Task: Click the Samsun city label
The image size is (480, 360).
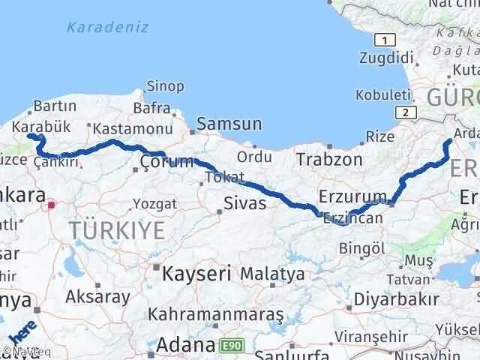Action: pyautogui.click(x=229, y=124)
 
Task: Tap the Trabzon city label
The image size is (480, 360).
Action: pyautogui.click(x=329, y=159)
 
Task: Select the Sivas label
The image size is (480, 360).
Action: pyautogui.click(x=245, y=202)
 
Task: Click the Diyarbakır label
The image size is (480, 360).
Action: pyautogui.click(x=397, y=300)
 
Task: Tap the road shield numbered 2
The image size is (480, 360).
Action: pyautogui.click(x=406, y=112)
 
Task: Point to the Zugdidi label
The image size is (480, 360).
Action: pyautogui.click(x=387, y=58)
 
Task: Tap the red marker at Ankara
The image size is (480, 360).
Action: pyautogui.click(x=51, y=204)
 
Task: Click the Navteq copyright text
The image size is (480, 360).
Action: pyautogui.click(x=20, y=350)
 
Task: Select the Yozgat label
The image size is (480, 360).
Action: pyautogui.click(x=154, y=203)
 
